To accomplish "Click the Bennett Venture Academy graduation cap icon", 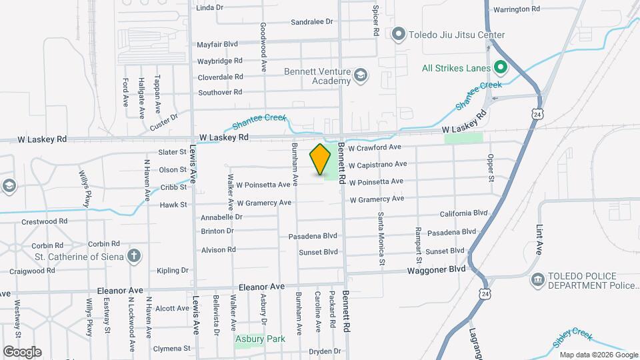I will tap(361, 75).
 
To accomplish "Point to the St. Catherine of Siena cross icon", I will tap(134, 255).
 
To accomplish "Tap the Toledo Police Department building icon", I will tap(537, 279).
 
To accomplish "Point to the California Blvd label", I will tap(464, 213).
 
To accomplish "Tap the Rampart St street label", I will tap(419, 239).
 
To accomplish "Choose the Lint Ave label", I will tap(539, 239).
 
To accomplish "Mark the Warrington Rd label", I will tap(517, 9).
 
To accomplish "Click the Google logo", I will tap(22, 352).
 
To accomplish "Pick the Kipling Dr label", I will tap(173, 271).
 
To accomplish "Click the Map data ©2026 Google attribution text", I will tap(598, 355).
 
